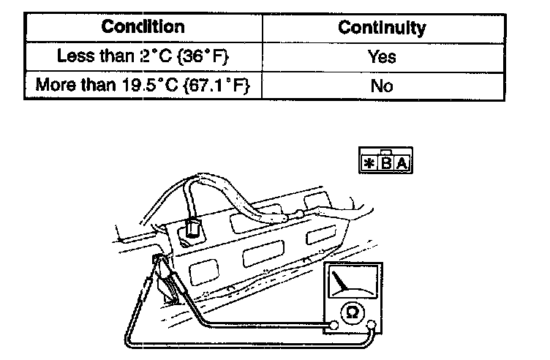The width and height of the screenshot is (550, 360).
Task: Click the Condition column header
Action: point(143,28)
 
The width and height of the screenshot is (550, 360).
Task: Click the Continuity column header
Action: point(382,28)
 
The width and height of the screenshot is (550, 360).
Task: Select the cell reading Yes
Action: point(382,56)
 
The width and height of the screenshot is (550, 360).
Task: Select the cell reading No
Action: point(382,85)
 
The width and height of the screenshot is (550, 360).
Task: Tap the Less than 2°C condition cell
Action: point(143,56)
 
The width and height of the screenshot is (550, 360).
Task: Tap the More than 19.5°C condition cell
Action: point(143,85)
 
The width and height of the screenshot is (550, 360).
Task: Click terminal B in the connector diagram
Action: point(385,162)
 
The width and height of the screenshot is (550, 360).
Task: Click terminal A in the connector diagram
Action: point(401,162)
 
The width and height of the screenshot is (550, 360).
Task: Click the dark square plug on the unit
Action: point(192,228)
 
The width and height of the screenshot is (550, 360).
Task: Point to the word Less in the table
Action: point(72,56)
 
